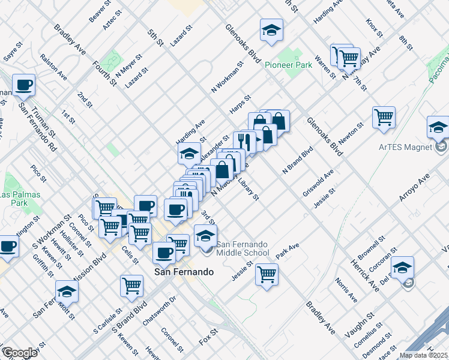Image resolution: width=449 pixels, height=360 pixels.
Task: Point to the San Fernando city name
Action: pyautogui.click(x=184, y=272)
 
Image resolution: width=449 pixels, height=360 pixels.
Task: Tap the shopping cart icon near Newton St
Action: pyautogui.click(x=384, y=117)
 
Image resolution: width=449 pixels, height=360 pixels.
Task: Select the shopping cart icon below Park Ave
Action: pyautogui.click(x=267, y=275)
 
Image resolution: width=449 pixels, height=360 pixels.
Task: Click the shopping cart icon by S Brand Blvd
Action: pyautogui.click(x=132, y=286)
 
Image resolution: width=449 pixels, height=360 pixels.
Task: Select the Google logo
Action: pyautogui.click(x=19, y=353)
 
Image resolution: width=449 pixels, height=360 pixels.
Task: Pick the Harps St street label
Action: pyautogui.click(x=240, y=104)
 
